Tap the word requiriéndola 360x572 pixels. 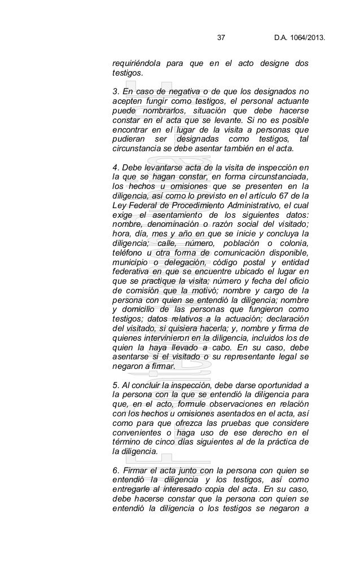tap(135, 64)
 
